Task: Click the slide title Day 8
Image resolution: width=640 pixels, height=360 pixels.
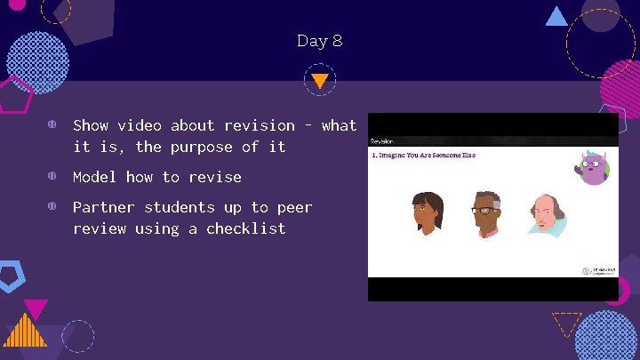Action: tap(319, 41)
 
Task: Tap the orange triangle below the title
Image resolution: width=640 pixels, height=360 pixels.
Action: tap(320, 81)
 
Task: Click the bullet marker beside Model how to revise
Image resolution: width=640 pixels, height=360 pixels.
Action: tap(52, 177)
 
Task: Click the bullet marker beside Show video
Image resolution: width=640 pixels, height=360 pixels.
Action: tap(52, 125)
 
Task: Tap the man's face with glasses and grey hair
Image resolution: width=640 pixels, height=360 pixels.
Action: tap(485, 214)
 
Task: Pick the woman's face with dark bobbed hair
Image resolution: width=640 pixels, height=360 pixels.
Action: tap(428, 214)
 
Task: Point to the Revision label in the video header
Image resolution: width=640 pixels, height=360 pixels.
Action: tap(382, 140)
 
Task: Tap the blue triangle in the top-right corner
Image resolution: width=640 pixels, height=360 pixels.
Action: tap(556, 16)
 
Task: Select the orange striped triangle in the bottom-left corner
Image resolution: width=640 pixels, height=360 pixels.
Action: tap(24, 331)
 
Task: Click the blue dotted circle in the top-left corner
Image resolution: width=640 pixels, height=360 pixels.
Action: tap(37, 56)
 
